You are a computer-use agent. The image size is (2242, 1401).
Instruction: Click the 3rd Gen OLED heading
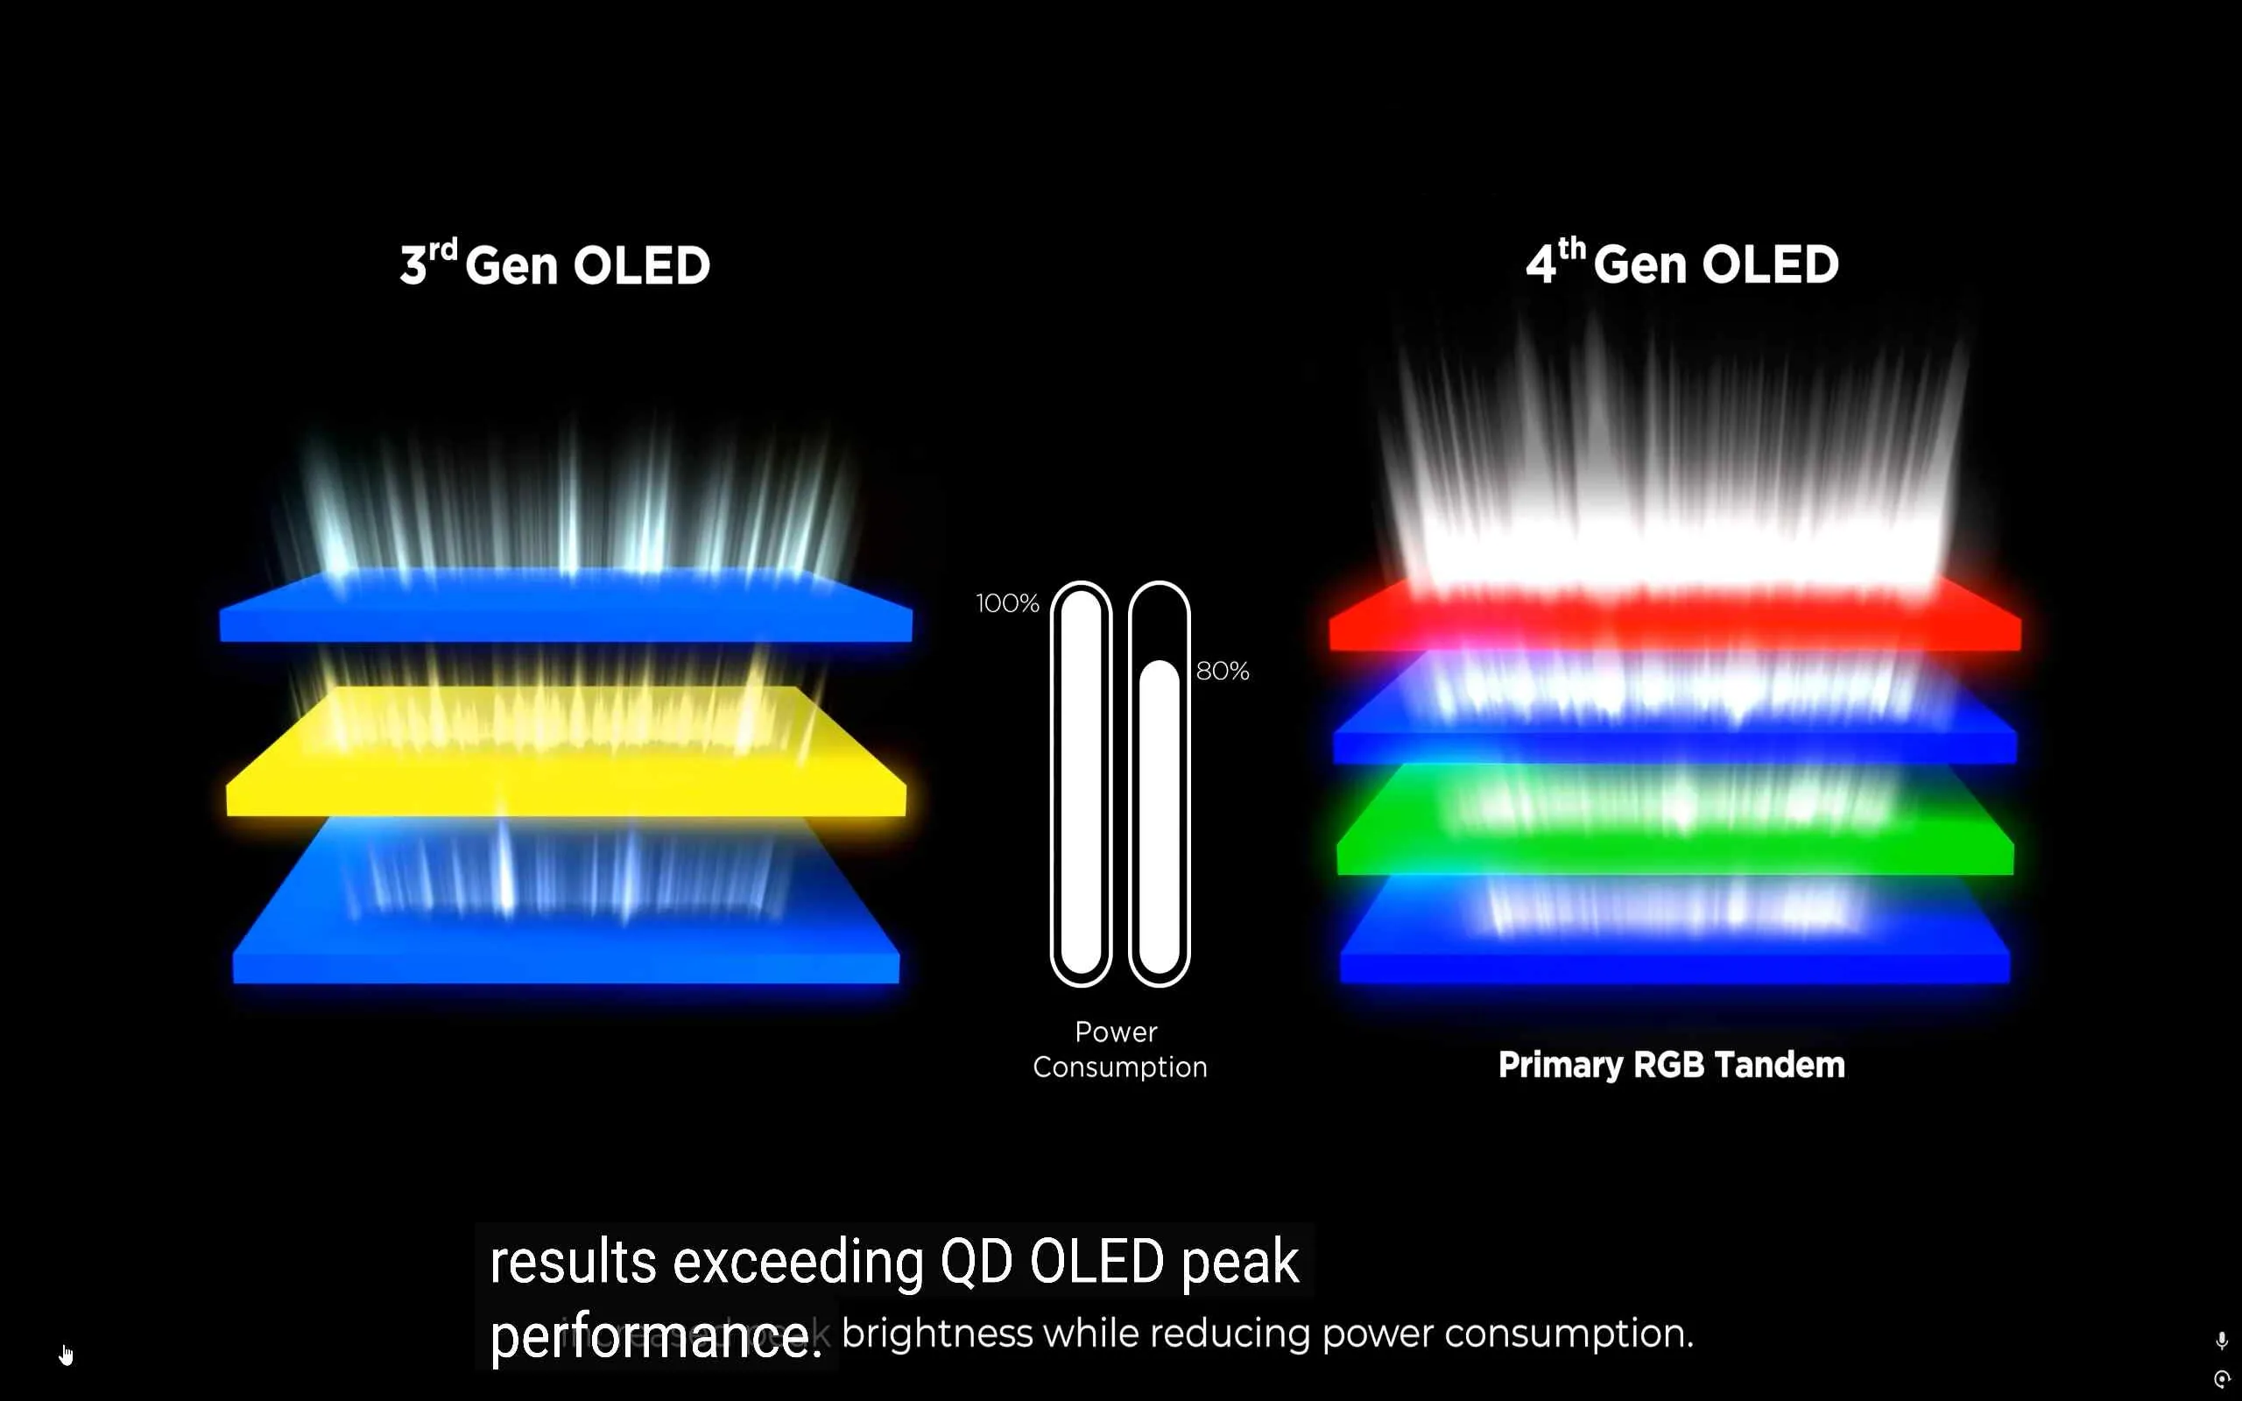pos(555,265)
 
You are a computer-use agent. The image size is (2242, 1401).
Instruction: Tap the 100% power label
pos(1007,604)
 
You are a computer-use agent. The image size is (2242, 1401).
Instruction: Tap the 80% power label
pos(1222,671)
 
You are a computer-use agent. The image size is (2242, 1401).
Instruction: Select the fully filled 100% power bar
pos(1080,783)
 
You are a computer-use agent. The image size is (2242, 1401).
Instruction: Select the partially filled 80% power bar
pos(1158,815)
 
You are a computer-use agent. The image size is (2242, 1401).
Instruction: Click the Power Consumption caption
pos(1119,1049)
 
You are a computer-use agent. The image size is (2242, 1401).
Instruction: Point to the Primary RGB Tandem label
pos(1670,1065)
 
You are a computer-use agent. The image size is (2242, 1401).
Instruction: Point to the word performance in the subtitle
pos(654,1337)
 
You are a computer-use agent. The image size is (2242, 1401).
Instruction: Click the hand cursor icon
pos(66,1355)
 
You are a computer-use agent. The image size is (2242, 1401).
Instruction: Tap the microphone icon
pos(2221,1341)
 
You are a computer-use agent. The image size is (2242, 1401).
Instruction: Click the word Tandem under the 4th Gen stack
pos(1779,1065)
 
